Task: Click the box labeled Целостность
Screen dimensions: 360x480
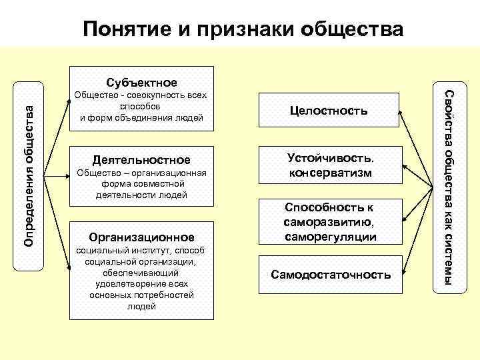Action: [x=327, y=111]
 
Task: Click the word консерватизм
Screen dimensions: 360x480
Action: [x=330, y=173]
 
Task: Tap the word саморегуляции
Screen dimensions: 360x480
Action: [x=330, y=237]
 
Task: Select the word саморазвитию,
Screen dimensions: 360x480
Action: [x=330, y=222]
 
